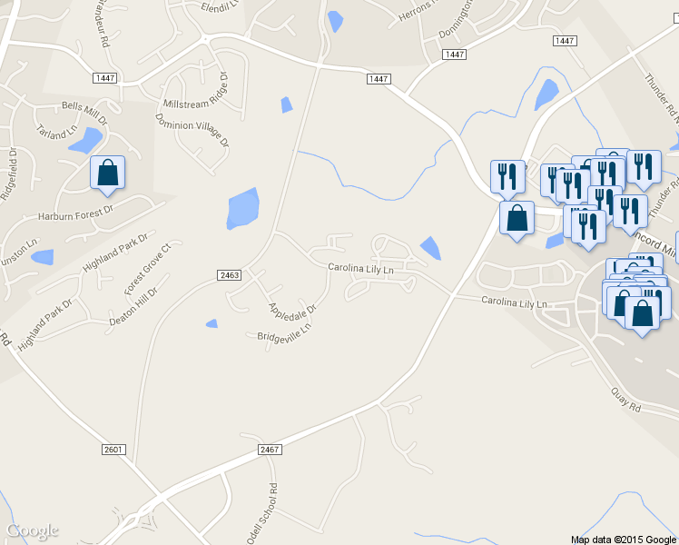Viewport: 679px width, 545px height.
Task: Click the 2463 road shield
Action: pos(230,274)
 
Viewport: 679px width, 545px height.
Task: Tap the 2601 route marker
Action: pos(113,450)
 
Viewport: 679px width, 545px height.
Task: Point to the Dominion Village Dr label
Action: pos(192,130)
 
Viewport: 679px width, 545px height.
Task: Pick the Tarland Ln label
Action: pos(58,133)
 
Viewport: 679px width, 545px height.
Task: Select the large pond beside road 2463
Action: pos(243,208)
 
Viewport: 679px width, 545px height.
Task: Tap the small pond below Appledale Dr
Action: pos(212,323)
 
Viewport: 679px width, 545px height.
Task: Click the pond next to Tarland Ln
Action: pos(86,141)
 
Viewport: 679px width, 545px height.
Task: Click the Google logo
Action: pos(33,530)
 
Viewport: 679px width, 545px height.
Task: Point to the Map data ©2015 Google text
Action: pos(625,539)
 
